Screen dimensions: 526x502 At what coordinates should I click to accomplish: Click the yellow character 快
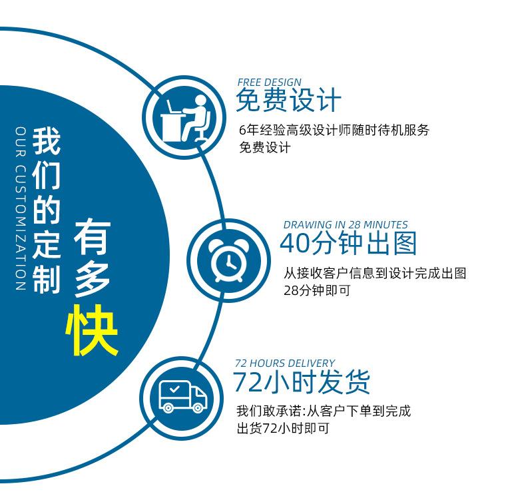coord(92,330)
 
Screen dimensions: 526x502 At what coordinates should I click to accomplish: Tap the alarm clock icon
coord(229,261)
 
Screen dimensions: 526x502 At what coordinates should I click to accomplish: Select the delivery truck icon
coord(182,396)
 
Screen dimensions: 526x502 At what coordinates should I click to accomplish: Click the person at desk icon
coord(186,119)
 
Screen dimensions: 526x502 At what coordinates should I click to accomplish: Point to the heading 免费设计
coord(288,100)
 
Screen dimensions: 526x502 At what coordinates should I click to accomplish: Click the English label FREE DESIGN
coord(270,83)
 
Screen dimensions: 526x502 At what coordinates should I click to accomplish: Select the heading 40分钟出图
coord(348,243)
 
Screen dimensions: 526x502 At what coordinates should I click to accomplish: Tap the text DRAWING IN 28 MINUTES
coord(346,224)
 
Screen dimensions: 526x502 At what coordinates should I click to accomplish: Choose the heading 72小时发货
coord(301,382)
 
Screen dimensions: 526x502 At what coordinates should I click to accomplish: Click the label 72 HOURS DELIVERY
coord(285,363)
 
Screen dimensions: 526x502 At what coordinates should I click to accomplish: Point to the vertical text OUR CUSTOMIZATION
coord(21,208)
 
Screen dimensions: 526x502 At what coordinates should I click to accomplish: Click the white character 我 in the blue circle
coord(47,141)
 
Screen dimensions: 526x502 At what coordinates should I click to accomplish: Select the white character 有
coord(93,236)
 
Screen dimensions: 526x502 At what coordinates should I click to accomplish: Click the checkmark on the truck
coord(174,389)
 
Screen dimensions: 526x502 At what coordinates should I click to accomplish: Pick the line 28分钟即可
coord(317,290)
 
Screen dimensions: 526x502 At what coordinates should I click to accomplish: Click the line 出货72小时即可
coord(283,428)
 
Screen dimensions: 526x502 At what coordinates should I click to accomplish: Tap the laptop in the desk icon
coord(174,107)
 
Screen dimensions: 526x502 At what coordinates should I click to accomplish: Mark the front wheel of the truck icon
coord(198,407)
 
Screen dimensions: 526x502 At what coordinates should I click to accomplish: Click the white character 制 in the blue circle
coord(47,280)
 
